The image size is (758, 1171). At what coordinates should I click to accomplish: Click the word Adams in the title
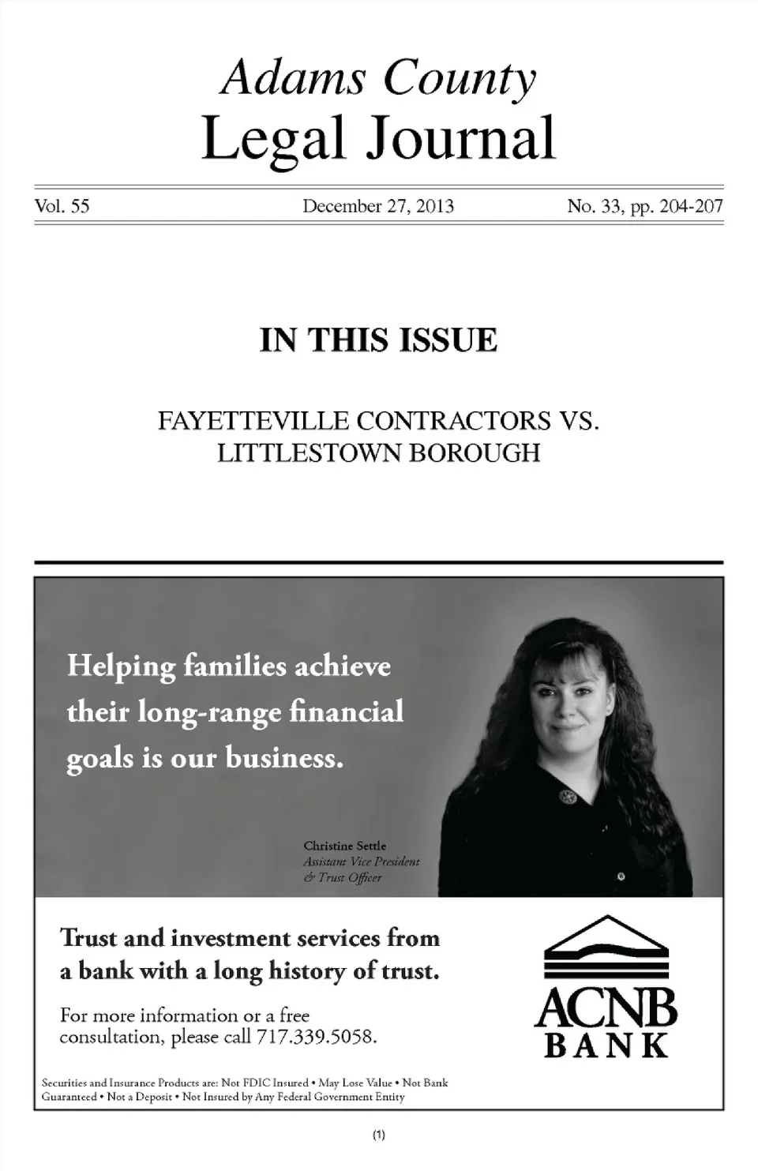(x=294, y=78)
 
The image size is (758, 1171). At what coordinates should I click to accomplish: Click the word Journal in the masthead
(x=460, y=138)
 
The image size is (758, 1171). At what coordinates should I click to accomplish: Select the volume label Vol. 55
(x=62, y=207)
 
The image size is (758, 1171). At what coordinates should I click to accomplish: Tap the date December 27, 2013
(x=378, y=207)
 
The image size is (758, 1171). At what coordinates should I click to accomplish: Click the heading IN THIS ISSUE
(x=378, y=340)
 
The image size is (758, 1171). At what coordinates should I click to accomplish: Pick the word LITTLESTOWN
(x=309, y=454)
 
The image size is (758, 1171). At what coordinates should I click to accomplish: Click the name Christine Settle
(x=344, y=846)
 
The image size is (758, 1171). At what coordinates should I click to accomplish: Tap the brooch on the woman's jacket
(x=567, y=797)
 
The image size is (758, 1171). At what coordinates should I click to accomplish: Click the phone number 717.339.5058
(x=316, y=1037)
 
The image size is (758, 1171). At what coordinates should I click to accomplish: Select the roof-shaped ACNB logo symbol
(x=606, y=947)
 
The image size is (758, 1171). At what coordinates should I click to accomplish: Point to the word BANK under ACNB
(x=606, y=1046)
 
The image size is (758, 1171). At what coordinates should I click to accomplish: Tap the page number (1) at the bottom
(x=378, y=1135)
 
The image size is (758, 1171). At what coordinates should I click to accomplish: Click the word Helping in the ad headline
(x=121, y=666)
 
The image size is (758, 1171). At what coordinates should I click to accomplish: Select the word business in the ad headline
(x=284, y=758)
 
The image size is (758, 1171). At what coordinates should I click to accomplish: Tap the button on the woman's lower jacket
(x=621, y=876)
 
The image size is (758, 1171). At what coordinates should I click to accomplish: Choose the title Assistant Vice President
(x=361, y=861)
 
